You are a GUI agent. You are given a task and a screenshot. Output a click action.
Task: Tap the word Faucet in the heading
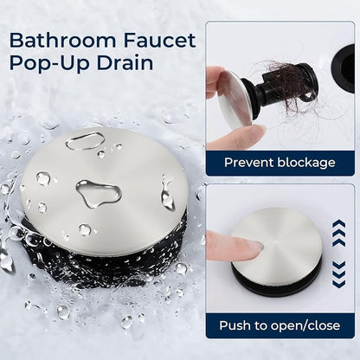pyautogui.click(x=160, y=41)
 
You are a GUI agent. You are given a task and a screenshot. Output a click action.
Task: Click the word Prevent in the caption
pyautogui.click(x=248, y=163)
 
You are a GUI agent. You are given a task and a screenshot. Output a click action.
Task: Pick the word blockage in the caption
pyautogui.click(x=306, y=163)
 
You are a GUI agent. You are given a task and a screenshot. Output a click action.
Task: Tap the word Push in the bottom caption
pyautogui.click(x=234, y=325)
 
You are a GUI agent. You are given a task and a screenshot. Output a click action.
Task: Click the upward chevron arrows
pyautogui.click(x=338, y=233)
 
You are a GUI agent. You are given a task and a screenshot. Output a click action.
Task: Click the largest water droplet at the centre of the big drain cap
pyautogui.click(x=98, y=193)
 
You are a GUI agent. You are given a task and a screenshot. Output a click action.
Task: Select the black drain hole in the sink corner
pyautogui.click(x=344, y=67)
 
